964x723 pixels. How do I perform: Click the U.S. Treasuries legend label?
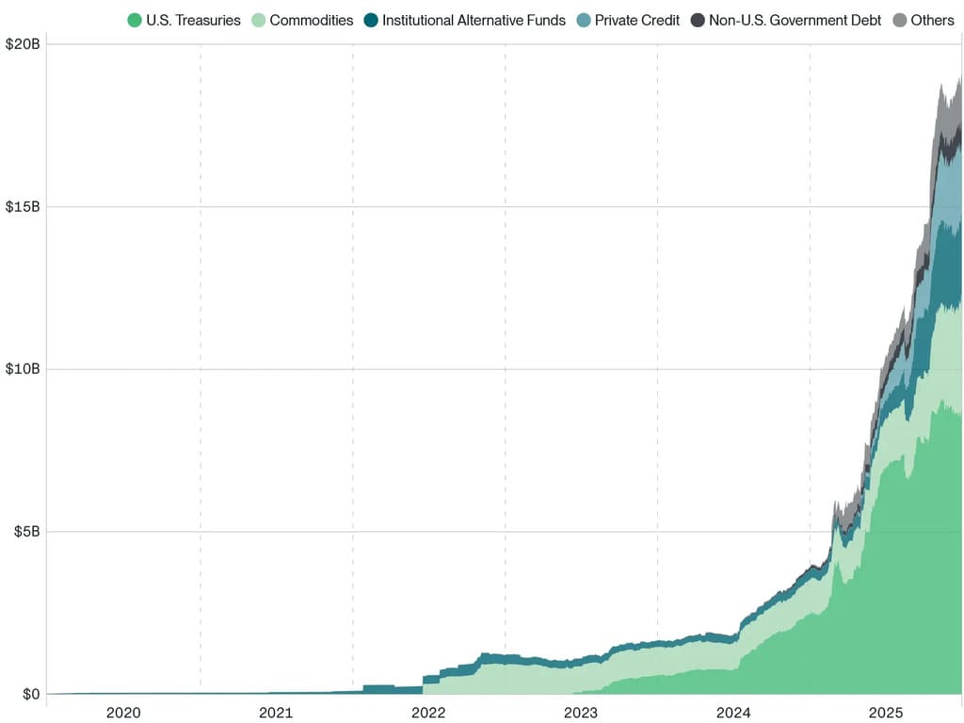click(x=193, y=20)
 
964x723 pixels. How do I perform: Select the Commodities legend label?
click(x=311, y=20)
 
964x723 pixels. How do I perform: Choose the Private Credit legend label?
click(x=636, y=20)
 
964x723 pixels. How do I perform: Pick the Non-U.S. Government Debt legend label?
click(x=795, y=20)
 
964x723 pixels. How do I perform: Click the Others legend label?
click(x=932, y=20)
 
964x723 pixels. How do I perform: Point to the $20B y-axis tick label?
click(x=23, y=44)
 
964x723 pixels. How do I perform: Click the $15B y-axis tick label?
click(x=23, y=206)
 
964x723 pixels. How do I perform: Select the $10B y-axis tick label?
click(x=23, y=369)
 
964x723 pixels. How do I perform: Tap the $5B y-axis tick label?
click(x=26, y=532)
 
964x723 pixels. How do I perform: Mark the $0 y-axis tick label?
click(x=32, y=695)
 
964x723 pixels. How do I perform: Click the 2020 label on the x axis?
click(x=123, y=713)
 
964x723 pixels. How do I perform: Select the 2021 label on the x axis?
click(x=276, y=713)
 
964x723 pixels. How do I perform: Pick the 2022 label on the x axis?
click(x=428, y=713)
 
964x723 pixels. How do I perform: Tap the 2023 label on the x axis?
click(x=581, y=713)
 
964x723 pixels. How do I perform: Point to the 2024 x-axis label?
click(x=733, y=713)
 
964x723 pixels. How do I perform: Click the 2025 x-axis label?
click(x=886, y=713)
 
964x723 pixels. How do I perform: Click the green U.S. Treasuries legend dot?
click(x=135, y=20)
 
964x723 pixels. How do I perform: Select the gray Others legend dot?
click(x=899, y=20)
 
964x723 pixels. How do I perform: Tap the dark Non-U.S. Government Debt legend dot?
click(x=698, y=20)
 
